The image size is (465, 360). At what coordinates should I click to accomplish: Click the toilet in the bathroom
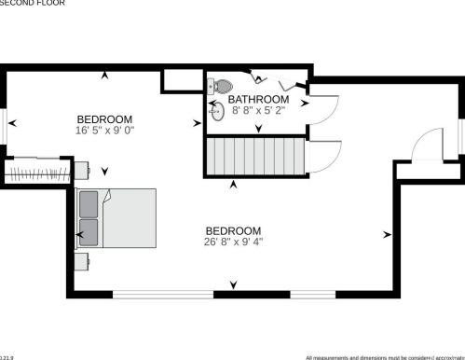tap(222, 86)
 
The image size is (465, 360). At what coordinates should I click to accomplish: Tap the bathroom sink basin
tap(218, 112)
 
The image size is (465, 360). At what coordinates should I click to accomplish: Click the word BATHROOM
tap(258, 99)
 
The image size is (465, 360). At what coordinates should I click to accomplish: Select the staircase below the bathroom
tap(255, 155)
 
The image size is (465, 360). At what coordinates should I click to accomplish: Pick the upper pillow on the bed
tap(89, 203)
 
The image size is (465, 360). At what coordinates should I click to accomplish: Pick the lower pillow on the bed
tap(89, 230)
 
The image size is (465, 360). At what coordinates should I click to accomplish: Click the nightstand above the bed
tap(81, 170)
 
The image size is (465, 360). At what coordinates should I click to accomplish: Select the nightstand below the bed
tap(81, 261)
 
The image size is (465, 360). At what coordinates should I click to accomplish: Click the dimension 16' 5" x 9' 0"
tap(104, 131)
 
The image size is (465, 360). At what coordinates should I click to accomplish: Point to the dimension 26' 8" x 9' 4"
tap(233, 242)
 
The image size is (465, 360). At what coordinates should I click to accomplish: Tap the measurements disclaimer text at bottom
tap(384, 356)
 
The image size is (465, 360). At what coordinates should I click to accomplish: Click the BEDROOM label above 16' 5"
tap(104, 119)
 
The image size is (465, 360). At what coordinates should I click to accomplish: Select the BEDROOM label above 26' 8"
tap(233, 230)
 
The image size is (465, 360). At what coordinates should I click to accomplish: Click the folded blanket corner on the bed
tap(109, 196)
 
